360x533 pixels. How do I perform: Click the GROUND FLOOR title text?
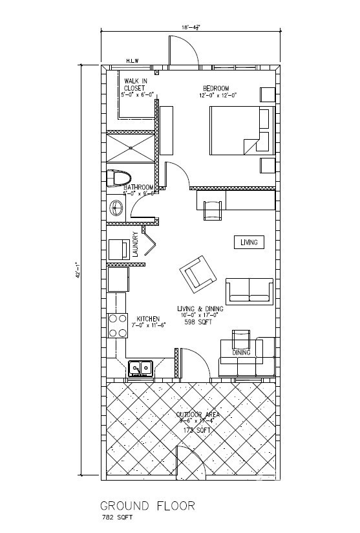tap(147, 505)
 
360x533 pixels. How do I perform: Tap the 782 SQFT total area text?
tap(116, 518)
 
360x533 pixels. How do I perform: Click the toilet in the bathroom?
tap(118, 177)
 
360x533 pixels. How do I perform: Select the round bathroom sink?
tap(118, 208)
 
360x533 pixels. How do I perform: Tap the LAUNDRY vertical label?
tap(136, 245)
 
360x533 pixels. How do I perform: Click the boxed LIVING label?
tap(249, 243)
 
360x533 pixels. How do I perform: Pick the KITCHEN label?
tap(148, 319)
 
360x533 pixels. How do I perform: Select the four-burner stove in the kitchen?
tap(117, 325)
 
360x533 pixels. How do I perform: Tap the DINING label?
tap(241, 353)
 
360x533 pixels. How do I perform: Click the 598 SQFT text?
tap(198, 321)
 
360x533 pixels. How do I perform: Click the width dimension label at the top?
tap(191, 27)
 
